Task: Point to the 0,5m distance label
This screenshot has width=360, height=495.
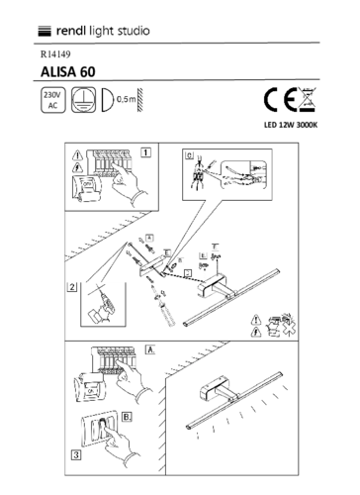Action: (x=126, y=101)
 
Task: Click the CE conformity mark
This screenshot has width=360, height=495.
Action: (x=277, y=101)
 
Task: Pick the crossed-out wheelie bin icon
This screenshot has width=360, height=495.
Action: (x=308, y=101)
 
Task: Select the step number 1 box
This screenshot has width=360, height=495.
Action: (x=145, y=152)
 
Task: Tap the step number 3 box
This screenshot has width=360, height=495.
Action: (x=75, y=455)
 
